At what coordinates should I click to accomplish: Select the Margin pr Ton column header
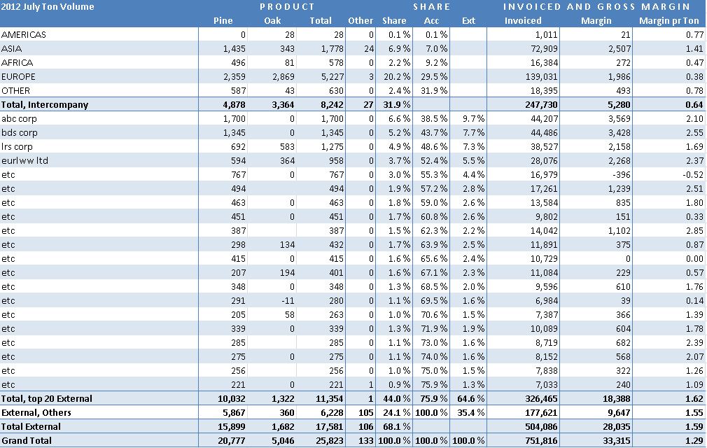click(670, 21)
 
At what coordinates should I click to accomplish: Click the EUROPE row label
click(19, 76)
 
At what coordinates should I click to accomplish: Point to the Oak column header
click(272, 21)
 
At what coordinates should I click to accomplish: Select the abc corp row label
click(20, 118)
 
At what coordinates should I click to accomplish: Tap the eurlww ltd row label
click(24, 160)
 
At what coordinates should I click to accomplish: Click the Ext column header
click(468, 21)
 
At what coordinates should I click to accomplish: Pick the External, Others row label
click(36, 412)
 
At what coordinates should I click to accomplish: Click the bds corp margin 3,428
click(617, 132)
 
